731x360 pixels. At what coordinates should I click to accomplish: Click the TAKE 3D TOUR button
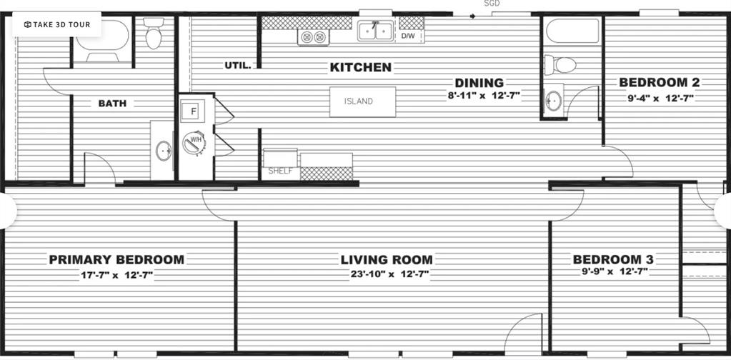[56, 24]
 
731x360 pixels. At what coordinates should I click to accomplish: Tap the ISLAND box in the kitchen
[362, 101]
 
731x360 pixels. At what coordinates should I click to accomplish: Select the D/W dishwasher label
[407, 35]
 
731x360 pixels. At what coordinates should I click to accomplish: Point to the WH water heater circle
[194, 141]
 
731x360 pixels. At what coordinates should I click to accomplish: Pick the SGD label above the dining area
[491, 4]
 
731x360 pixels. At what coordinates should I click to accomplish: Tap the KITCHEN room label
[360, 67]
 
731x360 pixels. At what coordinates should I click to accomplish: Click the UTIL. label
[238, 65]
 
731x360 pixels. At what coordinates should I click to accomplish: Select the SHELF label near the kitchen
[280, 171]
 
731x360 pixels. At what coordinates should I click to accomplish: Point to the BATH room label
[112, 104]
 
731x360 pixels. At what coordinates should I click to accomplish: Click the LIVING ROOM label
[387, 259]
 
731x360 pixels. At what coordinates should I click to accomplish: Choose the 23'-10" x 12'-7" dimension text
[387, 274]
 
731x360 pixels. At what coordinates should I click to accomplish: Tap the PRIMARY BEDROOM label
[116, 259]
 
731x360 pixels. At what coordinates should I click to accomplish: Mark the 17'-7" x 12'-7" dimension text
[116, 274]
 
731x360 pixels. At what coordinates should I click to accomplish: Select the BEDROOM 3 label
[614, 259]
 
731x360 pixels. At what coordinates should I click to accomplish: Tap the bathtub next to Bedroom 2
[572, 31]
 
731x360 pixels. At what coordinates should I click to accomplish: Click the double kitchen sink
[375, 31]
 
